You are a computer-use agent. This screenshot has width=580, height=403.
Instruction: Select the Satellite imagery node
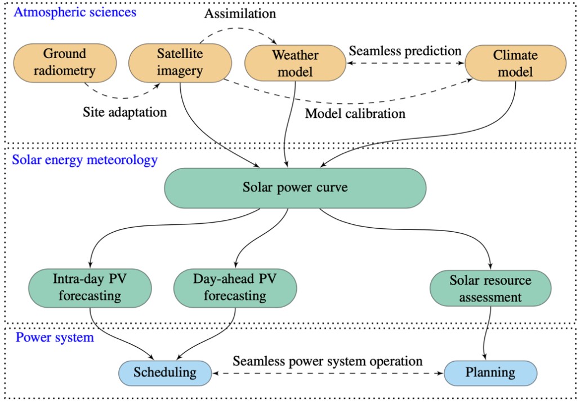pos(180,63)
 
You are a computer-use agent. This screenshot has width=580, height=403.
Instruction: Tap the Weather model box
pos(295,63)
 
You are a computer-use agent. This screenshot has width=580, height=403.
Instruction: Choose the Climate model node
pos(515,63)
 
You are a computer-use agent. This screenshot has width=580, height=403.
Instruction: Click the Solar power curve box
pos(295,187)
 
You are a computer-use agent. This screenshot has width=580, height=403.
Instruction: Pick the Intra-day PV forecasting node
pos(90,287)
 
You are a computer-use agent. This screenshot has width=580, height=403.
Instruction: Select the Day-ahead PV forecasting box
pos(235,287)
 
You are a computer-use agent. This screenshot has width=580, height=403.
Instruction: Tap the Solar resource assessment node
pos(490,288)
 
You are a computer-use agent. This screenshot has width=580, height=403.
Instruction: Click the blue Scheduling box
pos(165,373)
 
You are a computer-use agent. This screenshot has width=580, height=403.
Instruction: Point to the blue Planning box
pos(490,373)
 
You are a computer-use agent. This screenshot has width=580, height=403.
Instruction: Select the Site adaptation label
pos(125,112)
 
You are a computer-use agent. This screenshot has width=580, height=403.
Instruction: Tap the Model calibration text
pos(355,114)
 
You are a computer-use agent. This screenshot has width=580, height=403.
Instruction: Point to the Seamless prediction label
pos(405,50)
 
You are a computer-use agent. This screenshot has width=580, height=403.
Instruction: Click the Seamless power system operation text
pos(327,360)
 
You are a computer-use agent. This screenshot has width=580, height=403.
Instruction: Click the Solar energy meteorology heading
pos(85,160)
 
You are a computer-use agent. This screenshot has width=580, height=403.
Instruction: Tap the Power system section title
pos(55,338)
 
